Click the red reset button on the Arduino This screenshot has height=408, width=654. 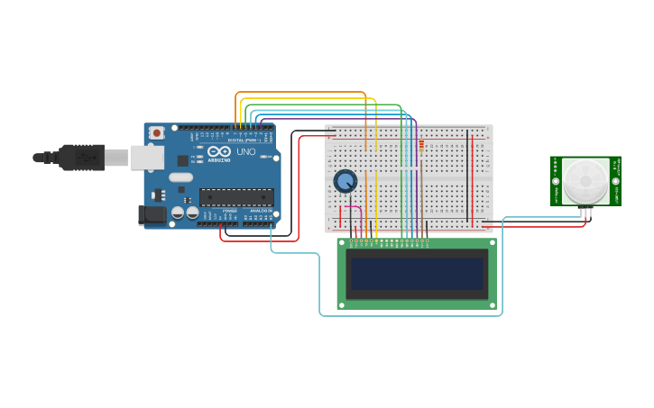click(x=157, y=132)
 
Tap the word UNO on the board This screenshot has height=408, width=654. click(x=246, y=151)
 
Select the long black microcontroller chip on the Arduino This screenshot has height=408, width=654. click(x=236, y=196)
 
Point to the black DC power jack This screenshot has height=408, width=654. click(x=152, y=215)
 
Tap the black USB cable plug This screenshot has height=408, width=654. click(x=81, y=158)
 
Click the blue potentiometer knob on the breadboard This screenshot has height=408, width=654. click(x=345, y=181)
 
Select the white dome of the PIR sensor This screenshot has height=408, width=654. click(x=586, y=181)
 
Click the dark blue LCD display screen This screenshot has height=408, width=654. click(x=417, y=274)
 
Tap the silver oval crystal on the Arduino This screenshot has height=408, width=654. click(x=181, y=177)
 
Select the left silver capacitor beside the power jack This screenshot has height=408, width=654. click(x=178, y=213)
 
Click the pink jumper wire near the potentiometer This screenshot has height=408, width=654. click(x=360, y=216)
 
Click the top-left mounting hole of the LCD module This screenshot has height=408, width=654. click(x=342, y=242)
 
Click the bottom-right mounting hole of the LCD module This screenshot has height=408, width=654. click(x=493, y=305)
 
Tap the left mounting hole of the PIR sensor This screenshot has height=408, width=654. click(x=557, y=181)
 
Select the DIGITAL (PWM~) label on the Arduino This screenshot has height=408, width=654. click(x=244, y=140)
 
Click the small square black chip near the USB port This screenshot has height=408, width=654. click(x=183, y=160)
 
